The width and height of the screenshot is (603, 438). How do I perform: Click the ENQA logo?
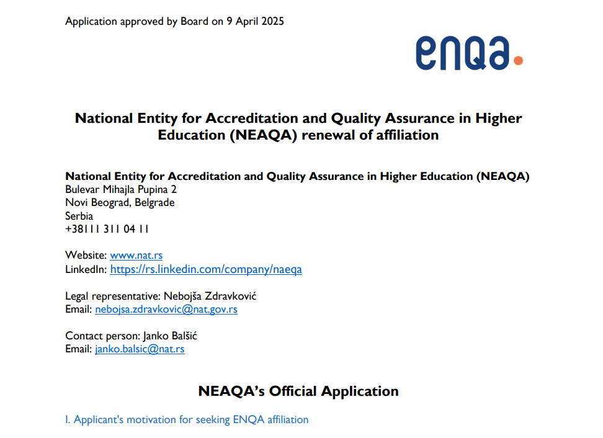tap(468, 53)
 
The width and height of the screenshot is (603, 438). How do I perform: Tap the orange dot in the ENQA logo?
tap(518, 61)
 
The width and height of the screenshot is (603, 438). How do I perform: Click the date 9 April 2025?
tap(255, 21)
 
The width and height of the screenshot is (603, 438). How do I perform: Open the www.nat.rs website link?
tap(136, 255)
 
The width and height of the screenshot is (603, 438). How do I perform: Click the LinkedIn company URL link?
tap(206, 269)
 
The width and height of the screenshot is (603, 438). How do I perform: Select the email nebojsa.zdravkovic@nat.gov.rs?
tap(166, 309)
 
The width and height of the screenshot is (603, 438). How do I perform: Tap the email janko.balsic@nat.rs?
tap(140, 349)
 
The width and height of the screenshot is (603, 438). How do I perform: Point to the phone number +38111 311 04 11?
tap(107, 229)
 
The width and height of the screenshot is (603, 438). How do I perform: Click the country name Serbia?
tap(79, 216)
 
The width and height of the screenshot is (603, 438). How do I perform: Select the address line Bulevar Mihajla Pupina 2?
tap(121, 189)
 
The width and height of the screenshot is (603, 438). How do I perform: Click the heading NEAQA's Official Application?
tap(298, 391)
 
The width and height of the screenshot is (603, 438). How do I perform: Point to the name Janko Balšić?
tap(170, 336)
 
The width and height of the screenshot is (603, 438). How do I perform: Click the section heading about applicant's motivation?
tap(187, 419)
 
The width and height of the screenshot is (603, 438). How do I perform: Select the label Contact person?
tap(102, 336)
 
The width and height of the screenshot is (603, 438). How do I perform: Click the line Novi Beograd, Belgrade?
tap(120, 202)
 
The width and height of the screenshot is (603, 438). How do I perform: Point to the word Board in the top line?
tap(194, 21)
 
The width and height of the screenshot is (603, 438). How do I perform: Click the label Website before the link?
tap(86, 255)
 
